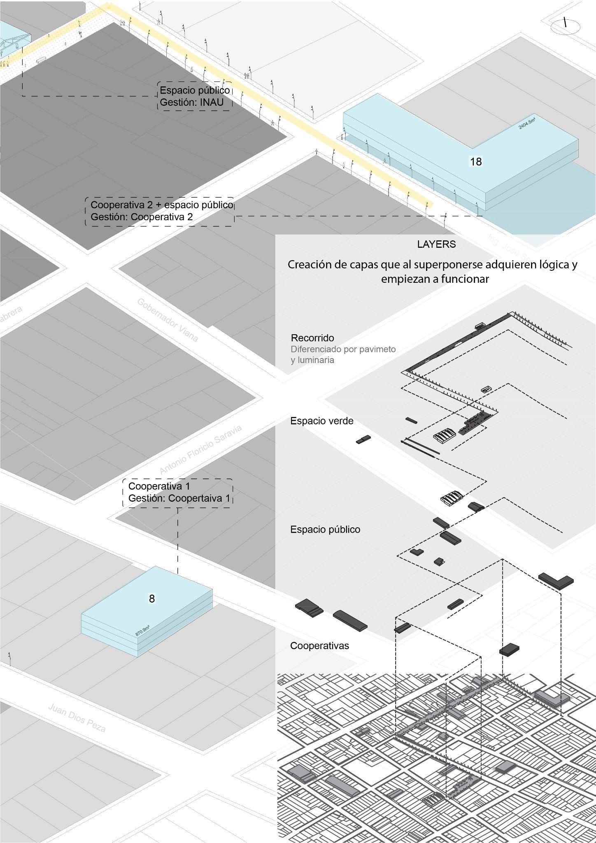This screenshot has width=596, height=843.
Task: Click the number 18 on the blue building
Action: coord(476,162)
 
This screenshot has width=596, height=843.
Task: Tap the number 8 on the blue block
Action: coord(151,598)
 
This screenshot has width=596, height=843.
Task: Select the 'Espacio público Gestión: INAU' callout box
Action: coord(195,96)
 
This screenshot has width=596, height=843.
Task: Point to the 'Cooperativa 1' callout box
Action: coord(178,492)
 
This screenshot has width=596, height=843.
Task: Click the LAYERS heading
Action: coord(436,244)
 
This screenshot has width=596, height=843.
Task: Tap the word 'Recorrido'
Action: coord(312,338)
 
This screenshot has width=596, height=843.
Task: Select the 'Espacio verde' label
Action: coord(322,421)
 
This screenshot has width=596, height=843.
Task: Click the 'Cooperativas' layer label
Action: coord(319,645)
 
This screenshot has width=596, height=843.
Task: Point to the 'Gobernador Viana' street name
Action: coord(168,320)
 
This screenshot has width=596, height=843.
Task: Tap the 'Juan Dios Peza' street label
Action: coord(77,718)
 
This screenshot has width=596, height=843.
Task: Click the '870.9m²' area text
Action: coord(142,631)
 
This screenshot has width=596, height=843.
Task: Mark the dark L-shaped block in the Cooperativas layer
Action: coord(556,580)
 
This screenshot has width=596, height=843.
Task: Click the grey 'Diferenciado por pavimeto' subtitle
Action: coord(343,349)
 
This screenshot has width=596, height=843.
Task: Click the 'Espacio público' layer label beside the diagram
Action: coord(325,529)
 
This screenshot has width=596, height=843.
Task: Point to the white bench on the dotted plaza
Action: coord(41,61)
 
